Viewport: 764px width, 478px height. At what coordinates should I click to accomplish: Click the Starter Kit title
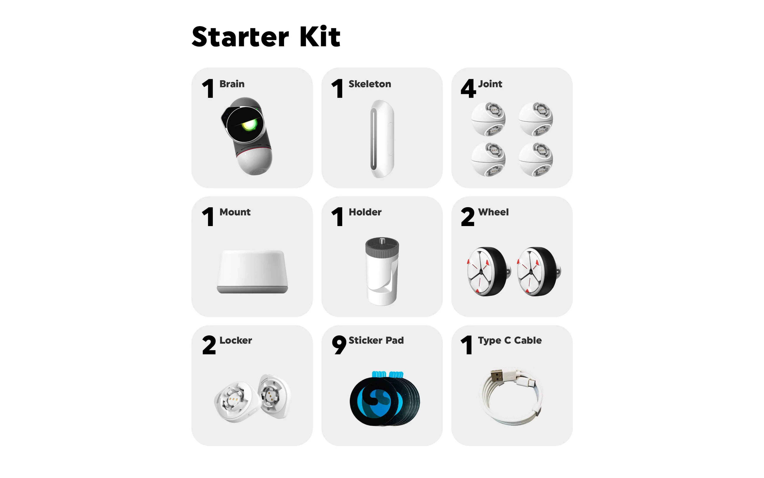click(x=266, y=37)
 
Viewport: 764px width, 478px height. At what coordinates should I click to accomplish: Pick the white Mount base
click(x=252, y=271)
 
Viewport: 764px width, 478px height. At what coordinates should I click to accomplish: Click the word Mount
click(x=235, y=212)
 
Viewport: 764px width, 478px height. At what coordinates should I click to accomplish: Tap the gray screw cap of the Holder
click(x=382, y=248)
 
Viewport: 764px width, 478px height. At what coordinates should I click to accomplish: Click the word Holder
click(x=365, y=212)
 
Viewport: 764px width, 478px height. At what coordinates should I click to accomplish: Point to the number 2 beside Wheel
click(x=467, y=217)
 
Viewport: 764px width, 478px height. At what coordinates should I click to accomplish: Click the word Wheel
click(x=493, y=212)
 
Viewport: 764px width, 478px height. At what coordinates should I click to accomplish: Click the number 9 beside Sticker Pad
click(x=339, y=345)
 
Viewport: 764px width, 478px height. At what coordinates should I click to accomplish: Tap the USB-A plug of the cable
click(x=497, y=376)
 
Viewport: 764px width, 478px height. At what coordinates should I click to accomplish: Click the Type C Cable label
click(x=510, y=340)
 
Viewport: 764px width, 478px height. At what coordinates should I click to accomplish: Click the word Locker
click(x=236, y=340)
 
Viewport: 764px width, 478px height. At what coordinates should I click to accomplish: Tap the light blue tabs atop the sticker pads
click(x=387, y=375)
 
